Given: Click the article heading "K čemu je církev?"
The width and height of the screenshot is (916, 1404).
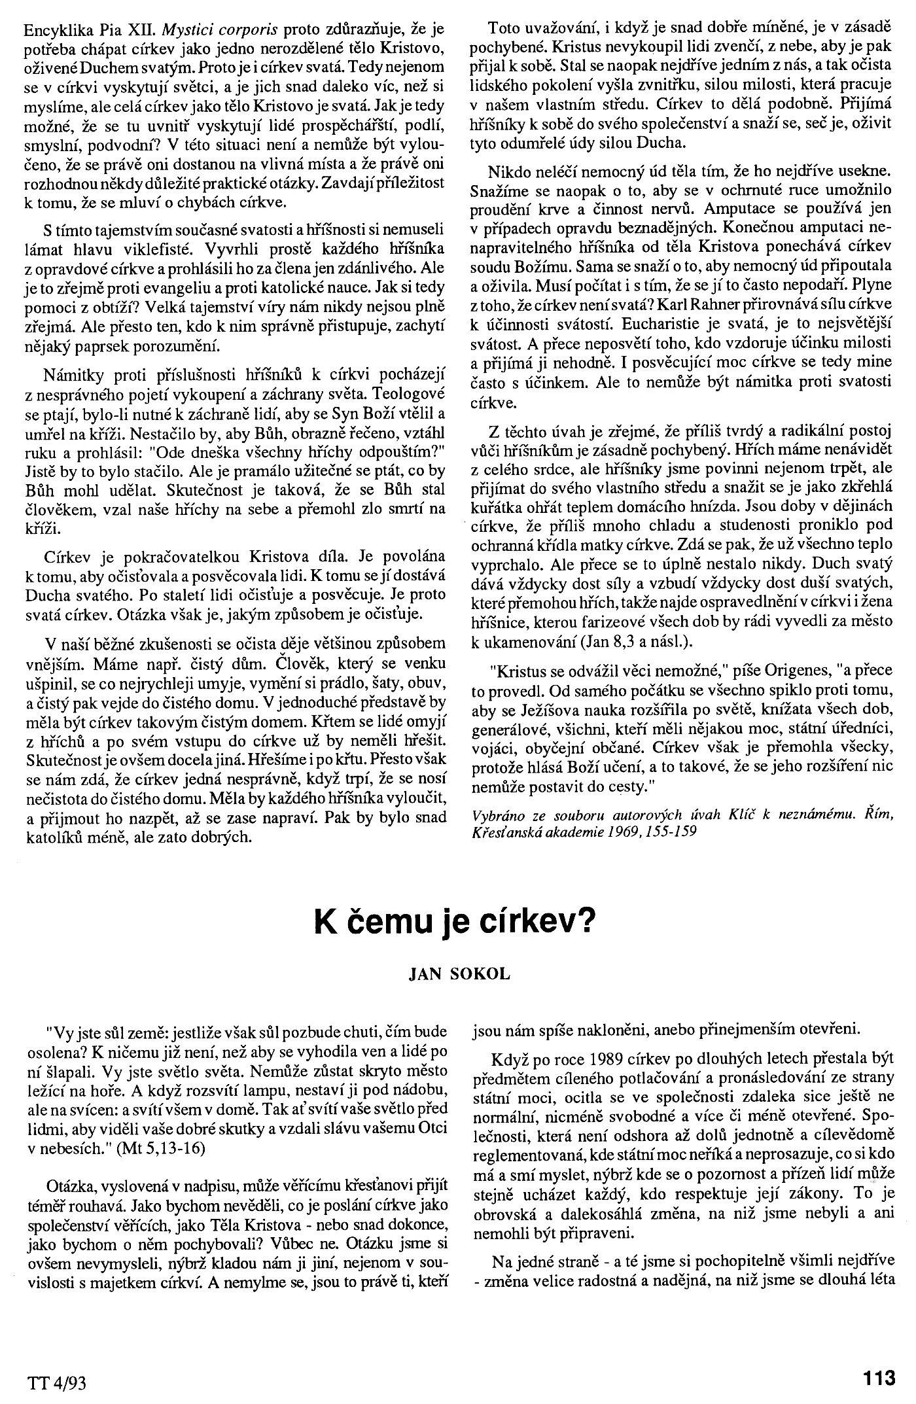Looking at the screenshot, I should pos(453,922).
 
